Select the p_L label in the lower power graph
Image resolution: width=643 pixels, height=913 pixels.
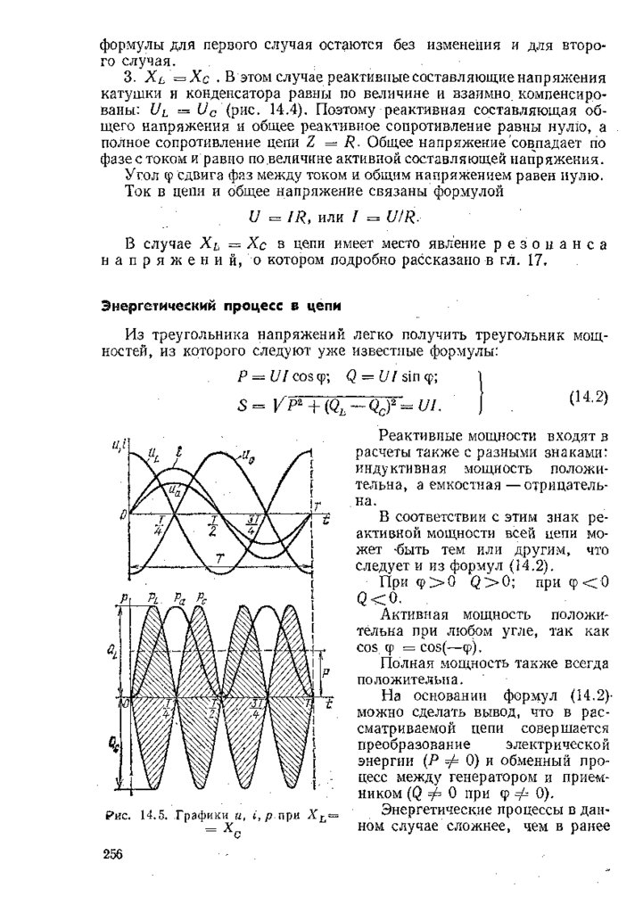coord(153,596)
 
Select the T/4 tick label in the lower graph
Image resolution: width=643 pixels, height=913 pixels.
coord(166,711)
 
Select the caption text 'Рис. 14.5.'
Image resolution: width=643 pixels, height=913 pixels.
coord(130,815)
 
